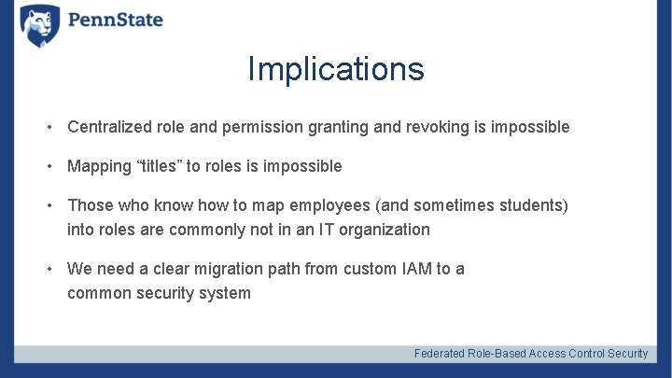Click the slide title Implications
point(336,69)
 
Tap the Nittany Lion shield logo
point(40,25)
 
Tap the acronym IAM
point(411,269)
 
